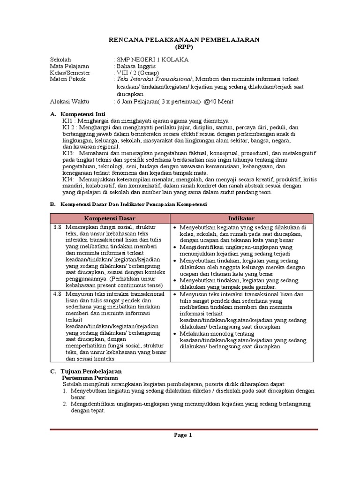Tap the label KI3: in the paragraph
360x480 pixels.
68,153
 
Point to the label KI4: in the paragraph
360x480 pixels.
68,180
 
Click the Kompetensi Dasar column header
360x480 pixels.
110,218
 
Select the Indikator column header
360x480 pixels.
241,218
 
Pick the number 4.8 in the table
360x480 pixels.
57,294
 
